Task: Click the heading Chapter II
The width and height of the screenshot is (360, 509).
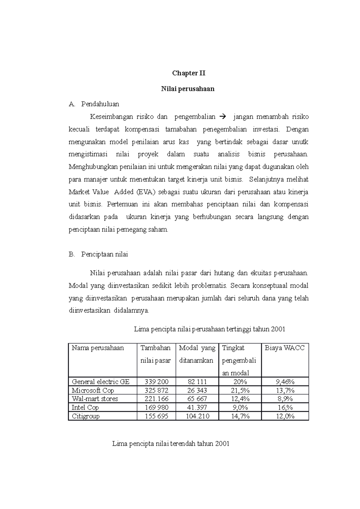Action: point(188,73)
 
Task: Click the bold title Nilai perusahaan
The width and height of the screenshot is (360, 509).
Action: point(188,89)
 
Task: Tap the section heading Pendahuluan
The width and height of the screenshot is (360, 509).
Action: point(100,104)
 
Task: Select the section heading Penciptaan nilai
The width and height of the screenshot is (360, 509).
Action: point(104,254)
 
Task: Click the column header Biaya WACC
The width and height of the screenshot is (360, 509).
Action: point(284,348)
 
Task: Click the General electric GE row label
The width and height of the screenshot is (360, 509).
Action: point(100,382)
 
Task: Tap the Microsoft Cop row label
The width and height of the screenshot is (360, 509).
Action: point(93,390)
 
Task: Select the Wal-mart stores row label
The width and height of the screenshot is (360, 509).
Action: point(95,399)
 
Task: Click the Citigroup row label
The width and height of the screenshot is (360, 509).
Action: point(85,416)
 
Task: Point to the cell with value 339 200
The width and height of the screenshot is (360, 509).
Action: point(156,382)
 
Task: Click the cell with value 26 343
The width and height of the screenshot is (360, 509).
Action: point(197,390)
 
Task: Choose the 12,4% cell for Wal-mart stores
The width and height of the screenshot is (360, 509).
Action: point(240,399)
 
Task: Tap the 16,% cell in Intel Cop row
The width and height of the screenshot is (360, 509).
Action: point(285,407)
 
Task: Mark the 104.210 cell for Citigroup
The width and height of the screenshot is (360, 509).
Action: point(197,416)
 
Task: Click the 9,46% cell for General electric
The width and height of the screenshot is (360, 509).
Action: point(285,382)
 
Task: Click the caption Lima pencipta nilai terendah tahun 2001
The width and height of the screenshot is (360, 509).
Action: point(171,444)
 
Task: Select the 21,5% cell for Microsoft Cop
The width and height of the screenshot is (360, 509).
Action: point(240,390)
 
